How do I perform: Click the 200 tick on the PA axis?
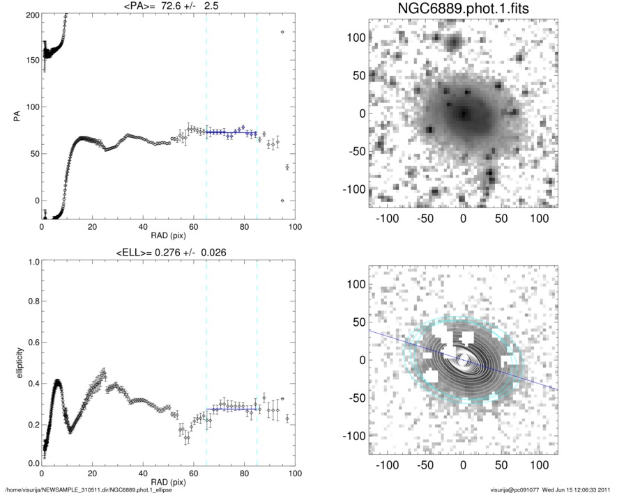pyautogui.click(x=31, y=15)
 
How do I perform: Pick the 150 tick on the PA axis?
pyautogui.click(x=31, y=61)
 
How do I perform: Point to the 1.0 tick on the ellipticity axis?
pyautogui.click(x=31, y=263)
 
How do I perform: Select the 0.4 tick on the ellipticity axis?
pyautogui.click(x=31, y=383)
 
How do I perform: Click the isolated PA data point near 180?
pyautogui.click(x=282, y=32)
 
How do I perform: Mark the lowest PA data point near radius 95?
pyautogui.click(x=282, y=201)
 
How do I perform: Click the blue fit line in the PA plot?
pyautogui.click(x=231, y=132)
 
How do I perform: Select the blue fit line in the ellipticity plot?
pyautogui.click(x=231, y=408)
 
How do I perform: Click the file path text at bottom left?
pyautogui.click(x=89, y=489)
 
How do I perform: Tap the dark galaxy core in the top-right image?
pyautogui.click(x=463, y=113)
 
